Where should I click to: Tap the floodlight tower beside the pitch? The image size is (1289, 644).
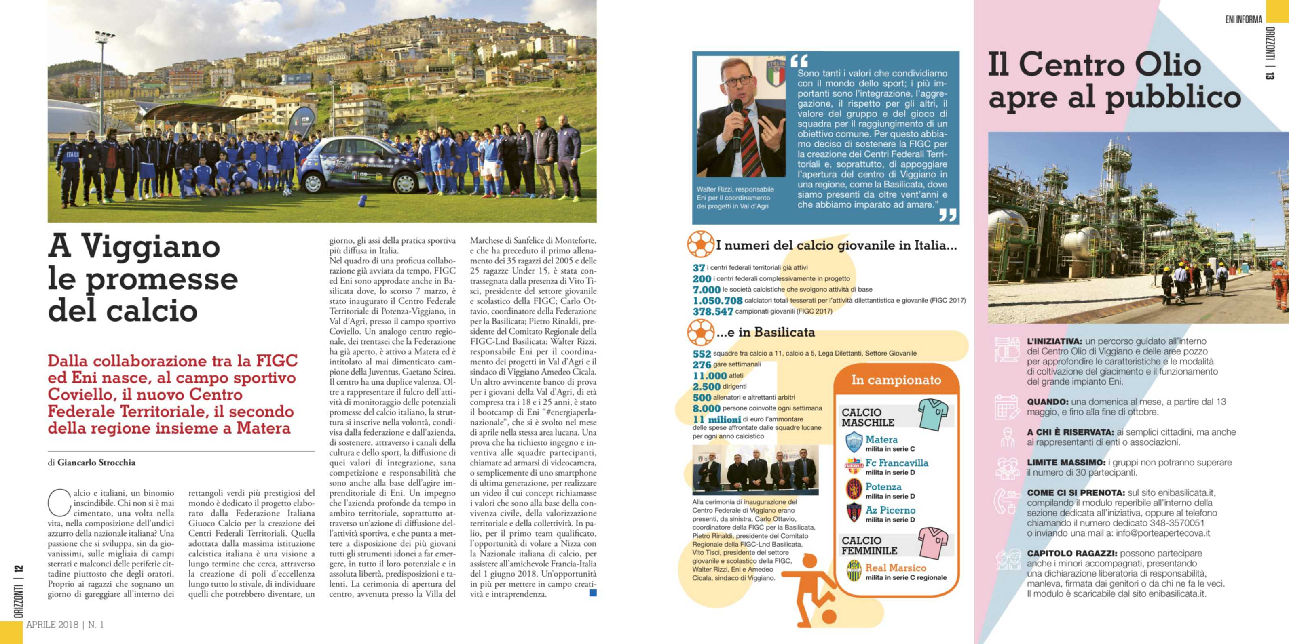coord(103,75)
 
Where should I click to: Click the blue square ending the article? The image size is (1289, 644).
coord(593,593)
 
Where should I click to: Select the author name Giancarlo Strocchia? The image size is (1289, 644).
coord(97,463)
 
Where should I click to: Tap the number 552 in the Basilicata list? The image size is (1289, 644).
coord(702,354)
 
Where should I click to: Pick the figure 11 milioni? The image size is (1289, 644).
coord(716,419)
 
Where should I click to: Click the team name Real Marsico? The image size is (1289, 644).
coord(896,568)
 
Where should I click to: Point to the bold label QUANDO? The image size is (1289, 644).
coord(1047,402)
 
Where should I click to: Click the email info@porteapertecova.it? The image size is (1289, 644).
coord(1162,533)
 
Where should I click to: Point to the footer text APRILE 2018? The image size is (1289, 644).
coord(52,625)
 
